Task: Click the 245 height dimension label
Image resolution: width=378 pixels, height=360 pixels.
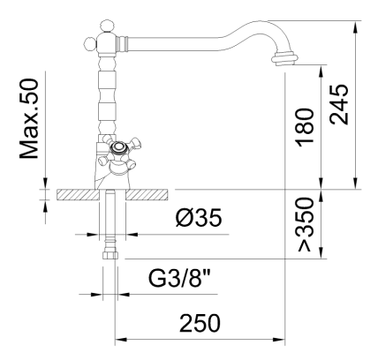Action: coord(339,104)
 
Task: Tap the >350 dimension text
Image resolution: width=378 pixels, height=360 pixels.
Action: coord(305,224)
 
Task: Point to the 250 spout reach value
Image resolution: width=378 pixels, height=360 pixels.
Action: coord(200,323)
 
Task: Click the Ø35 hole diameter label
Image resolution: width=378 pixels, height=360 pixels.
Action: coord(199,218)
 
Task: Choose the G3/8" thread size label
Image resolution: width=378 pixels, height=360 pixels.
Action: coord(180,278)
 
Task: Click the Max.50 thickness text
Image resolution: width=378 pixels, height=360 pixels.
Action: coord(29,118)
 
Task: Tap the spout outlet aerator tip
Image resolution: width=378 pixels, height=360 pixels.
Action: coord(283,58)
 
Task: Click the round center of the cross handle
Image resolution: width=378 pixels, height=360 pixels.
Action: coord(119,147)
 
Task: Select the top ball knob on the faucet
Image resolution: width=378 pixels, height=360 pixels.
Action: coord(107,26)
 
